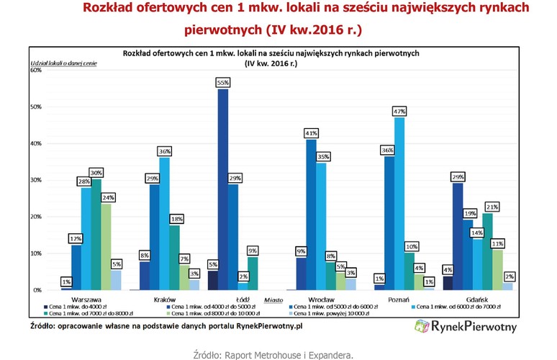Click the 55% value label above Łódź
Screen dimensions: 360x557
[x=222, y=84]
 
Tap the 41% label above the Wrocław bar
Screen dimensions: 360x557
[x=311, y=133]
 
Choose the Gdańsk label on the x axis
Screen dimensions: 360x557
[x=479, y=297]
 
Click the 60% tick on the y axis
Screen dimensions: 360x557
[x=35, y=71]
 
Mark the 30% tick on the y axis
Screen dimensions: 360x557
[x=35, y=180]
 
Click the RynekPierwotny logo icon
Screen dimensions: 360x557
[x=423, y=328]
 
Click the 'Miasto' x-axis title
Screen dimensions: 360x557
[x=273, y=297]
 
